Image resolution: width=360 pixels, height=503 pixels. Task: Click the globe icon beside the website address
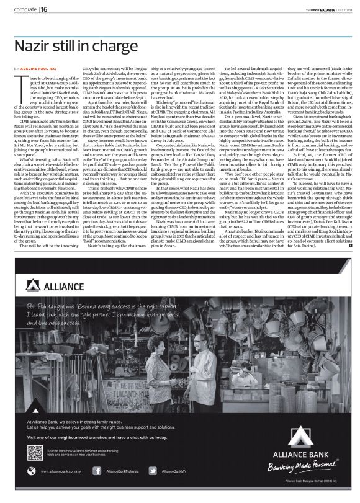pos(34,471)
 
